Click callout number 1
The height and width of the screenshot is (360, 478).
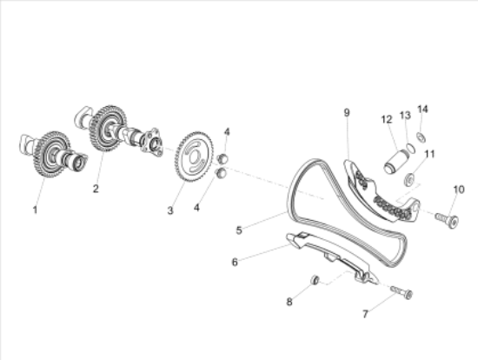point(35,210)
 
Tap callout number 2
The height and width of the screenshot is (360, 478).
point(96,189)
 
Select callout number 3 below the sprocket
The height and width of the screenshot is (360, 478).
point(170,210)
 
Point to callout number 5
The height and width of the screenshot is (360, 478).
point(239,230)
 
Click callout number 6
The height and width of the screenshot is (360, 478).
point(235,262)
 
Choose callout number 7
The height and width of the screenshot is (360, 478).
point(366,314)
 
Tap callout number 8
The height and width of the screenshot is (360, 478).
point(289,302)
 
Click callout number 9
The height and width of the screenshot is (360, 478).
point(347,112)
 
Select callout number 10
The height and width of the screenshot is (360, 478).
point(459,190)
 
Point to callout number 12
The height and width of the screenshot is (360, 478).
point(387,119)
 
